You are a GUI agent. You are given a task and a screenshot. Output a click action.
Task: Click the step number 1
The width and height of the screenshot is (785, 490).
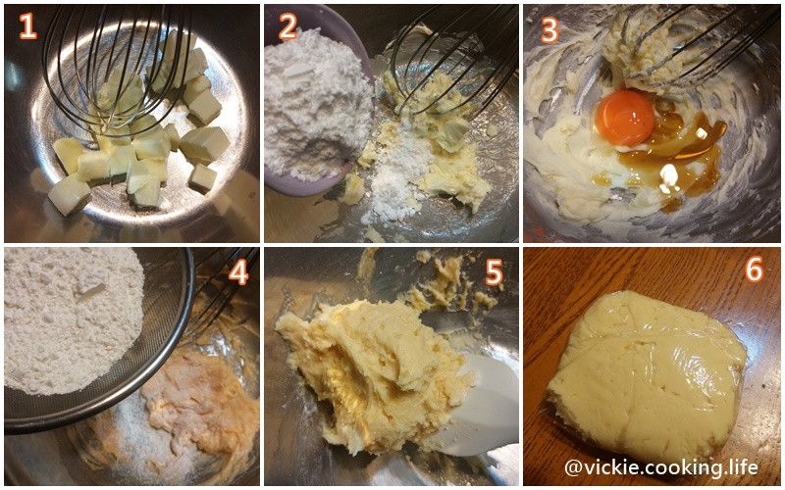point(28,26)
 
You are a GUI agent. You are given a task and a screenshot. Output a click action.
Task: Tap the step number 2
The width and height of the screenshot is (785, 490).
point(287,26)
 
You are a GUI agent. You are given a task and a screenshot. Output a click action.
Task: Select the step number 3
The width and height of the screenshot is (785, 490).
point(549,30)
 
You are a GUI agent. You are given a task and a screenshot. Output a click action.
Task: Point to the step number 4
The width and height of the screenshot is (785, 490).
point(237,273)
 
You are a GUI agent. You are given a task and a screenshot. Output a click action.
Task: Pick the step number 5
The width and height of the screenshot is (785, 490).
point(494,273)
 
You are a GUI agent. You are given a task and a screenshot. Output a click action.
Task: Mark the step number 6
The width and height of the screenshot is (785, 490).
point(755,269)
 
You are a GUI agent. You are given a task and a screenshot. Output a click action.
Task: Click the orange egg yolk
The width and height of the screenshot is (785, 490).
point(625,118)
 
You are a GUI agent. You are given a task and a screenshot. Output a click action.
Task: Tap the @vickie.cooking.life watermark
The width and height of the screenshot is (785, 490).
point(660,468)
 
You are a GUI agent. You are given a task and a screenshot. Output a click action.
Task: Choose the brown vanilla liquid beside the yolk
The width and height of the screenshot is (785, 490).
point(681,155)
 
